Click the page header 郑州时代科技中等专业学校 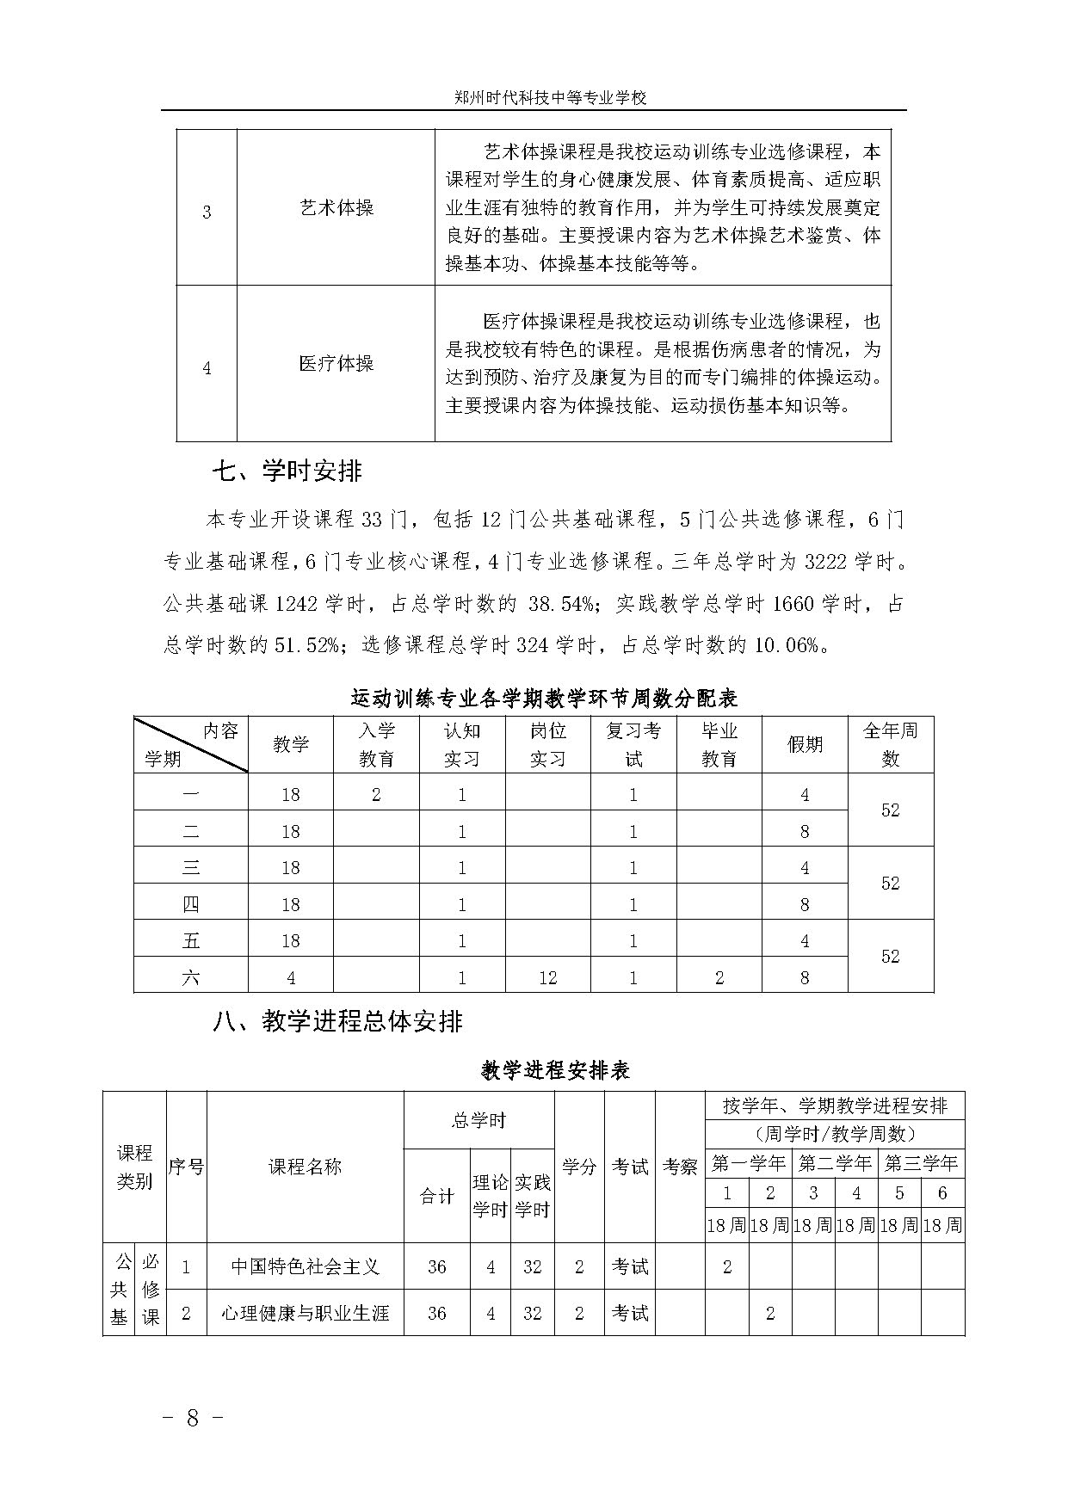coord(550,98)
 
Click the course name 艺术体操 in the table coord(336,209)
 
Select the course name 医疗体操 coord(336,364)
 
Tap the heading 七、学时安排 coord(287,471)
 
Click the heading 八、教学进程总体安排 coord(337,1021)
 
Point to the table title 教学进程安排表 coord(555,1071)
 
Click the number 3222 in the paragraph coord(824,563)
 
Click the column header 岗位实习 coord(547,745)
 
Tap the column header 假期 coord(805,745)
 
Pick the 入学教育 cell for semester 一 coord(376,795)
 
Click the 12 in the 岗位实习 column coord(547,978)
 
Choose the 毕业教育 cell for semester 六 coord(719,978)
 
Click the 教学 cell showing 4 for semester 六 coord(291,978)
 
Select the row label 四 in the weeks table coord(191,905)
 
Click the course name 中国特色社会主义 coord(306,1267)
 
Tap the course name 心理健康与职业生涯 coord(306,1314)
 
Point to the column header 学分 coord(579,1167)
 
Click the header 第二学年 coord(835,1164)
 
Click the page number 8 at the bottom coord(193,1419)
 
